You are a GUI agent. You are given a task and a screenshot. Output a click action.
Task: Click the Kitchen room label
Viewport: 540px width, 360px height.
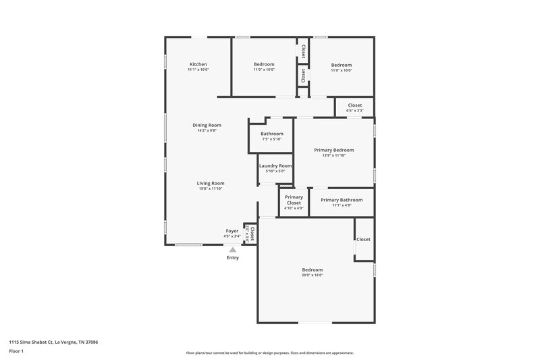pos(198,64)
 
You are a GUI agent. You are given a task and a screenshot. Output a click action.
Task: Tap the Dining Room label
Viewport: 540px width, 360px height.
pos(207,125)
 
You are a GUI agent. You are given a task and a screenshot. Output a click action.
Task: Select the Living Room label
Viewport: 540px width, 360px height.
pos(211,183)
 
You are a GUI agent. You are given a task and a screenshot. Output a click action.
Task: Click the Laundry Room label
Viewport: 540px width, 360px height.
pos(275,165)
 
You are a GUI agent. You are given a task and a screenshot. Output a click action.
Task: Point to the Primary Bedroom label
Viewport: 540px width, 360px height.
pos(334,150)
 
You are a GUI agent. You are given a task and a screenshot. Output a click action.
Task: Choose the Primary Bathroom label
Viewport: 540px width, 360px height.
pos(342,200)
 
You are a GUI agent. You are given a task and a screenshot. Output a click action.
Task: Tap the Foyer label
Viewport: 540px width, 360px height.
pos(232,231)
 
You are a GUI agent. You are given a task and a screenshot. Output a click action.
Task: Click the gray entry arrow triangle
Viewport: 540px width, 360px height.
pos(233,250)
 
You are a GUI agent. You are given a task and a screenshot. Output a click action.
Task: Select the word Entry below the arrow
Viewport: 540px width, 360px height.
pos(233,257)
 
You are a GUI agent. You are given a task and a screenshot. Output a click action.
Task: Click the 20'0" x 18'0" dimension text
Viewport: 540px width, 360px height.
pos(313,275)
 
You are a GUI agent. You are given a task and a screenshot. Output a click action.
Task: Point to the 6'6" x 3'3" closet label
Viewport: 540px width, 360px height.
pos(354,110)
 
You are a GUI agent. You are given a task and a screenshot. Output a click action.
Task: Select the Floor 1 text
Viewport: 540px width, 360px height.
pos(16,352)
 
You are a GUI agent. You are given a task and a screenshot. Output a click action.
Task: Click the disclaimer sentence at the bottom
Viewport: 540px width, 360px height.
pos(269,353)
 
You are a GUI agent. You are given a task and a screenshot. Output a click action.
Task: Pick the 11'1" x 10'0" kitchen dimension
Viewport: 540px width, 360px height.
pos(198,70)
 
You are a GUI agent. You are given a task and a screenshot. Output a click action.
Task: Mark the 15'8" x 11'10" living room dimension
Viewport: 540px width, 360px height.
pos(211,188)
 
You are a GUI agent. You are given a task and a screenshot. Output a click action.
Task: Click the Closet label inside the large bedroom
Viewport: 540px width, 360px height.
pos(363,239)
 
